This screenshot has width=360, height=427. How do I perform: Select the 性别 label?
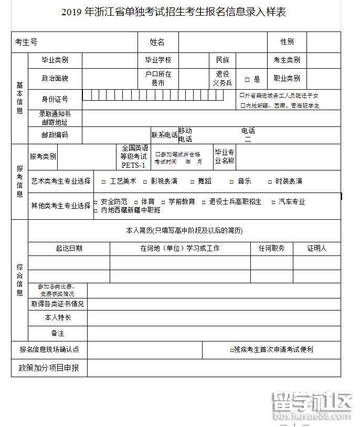tap(287, 42)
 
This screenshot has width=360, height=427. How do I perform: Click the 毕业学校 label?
tap(158, 60)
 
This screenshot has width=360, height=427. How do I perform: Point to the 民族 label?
tap(223, 60)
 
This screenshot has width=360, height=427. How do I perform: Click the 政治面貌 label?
tap(55, 79)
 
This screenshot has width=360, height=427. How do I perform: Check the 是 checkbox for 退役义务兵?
tap(247, 80)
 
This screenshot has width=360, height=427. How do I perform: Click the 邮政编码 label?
tap(55, 135)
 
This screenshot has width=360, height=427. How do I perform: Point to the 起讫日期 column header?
tap(69, 249)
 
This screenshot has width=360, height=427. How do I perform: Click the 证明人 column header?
tap(316, 249)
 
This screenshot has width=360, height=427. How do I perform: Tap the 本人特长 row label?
tap(58, 318)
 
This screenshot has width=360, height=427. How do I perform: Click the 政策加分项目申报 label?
tap(49, 368)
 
